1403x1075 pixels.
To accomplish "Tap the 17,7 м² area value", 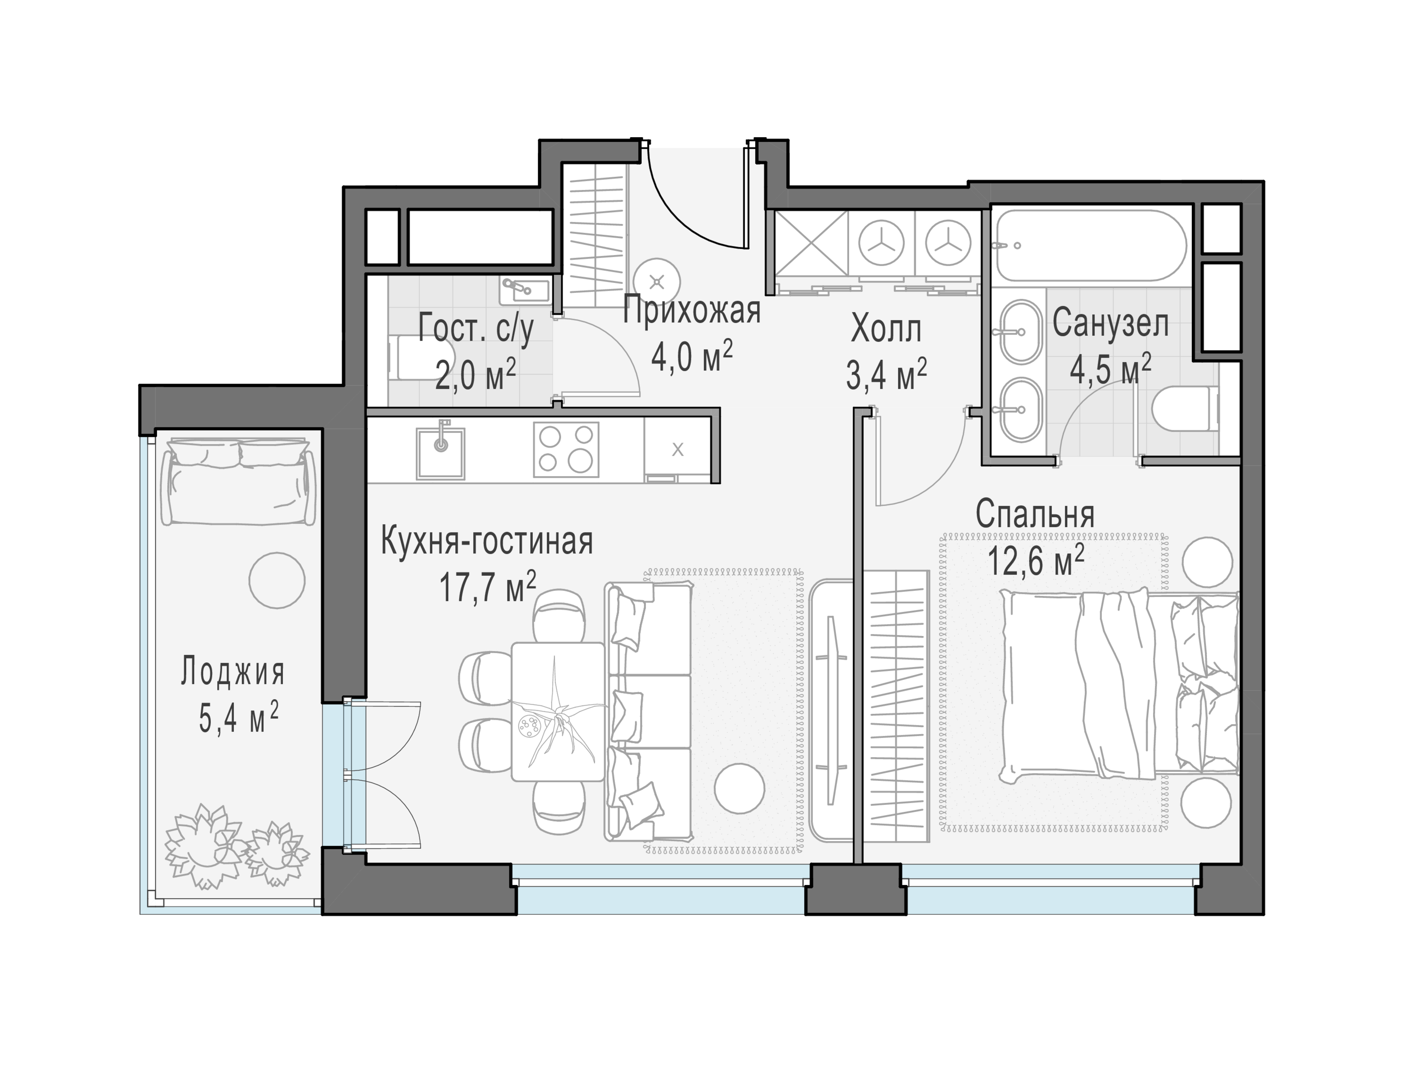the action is click(488, 587).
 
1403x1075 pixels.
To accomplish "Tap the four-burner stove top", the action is click(566, 449).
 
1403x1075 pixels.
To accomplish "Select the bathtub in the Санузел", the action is click(1091, 246).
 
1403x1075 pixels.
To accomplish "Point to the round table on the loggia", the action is click(276, 580).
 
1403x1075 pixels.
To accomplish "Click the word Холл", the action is click(886, 330).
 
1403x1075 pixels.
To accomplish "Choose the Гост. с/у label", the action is click(476, 330).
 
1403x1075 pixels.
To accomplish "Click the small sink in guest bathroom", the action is click(525, 291).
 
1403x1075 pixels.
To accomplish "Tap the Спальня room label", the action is click(1035, 514).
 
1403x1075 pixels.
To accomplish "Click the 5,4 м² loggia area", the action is click(238, 719).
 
